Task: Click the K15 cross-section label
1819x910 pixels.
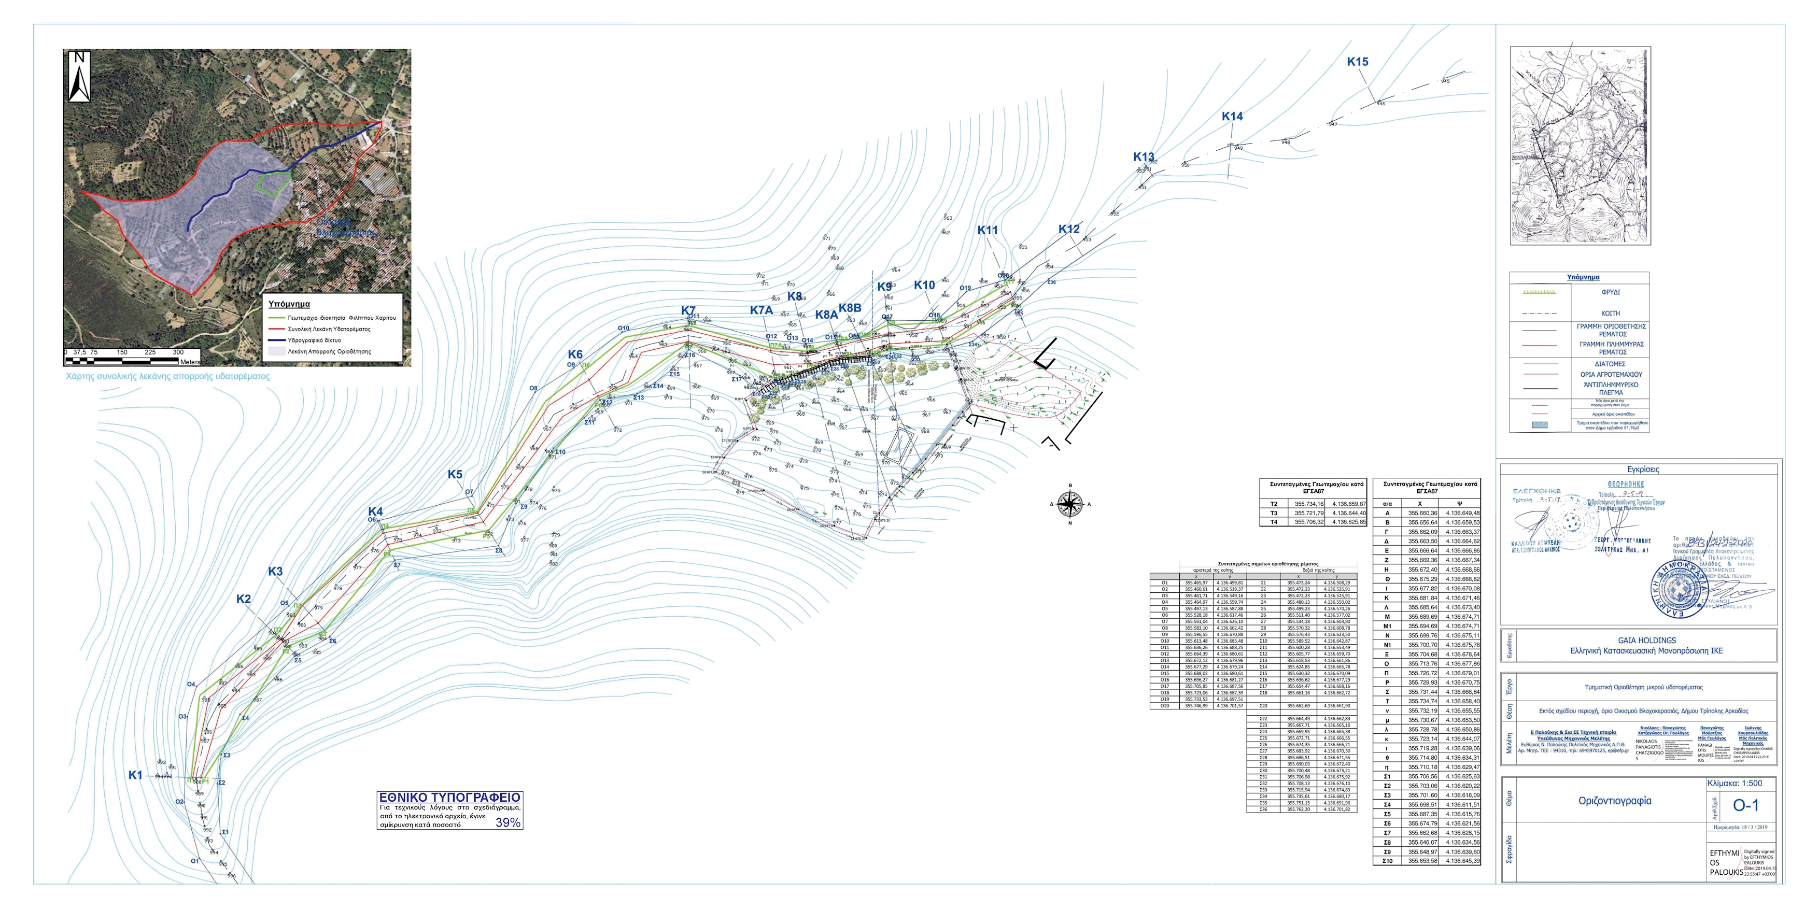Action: (1357, 62)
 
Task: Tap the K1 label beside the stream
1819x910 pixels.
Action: (135, 775)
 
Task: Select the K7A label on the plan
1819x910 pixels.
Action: (761, 310)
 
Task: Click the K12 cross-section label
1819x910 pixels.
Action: (1068, 230)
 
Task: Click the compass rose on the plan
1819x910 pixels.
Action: (1070, 504)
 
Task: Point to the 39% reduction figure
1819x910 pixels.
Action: (507, 822)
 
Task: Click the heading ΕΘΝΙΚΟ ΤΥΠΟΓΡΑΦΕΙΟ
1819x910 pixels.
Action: (450, 798)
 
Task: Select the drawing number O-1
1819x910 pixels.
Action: (1745, 805)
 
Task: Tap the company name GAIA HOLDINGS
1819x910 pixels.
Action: (1646, 641)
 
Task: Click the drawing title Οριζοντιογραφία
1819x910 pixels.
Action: (1604, 801)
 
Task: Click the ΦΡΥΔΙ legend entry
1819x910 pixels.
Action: (1611, 292)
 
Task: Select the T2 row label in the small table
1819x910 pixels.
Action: (1274, 504)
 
